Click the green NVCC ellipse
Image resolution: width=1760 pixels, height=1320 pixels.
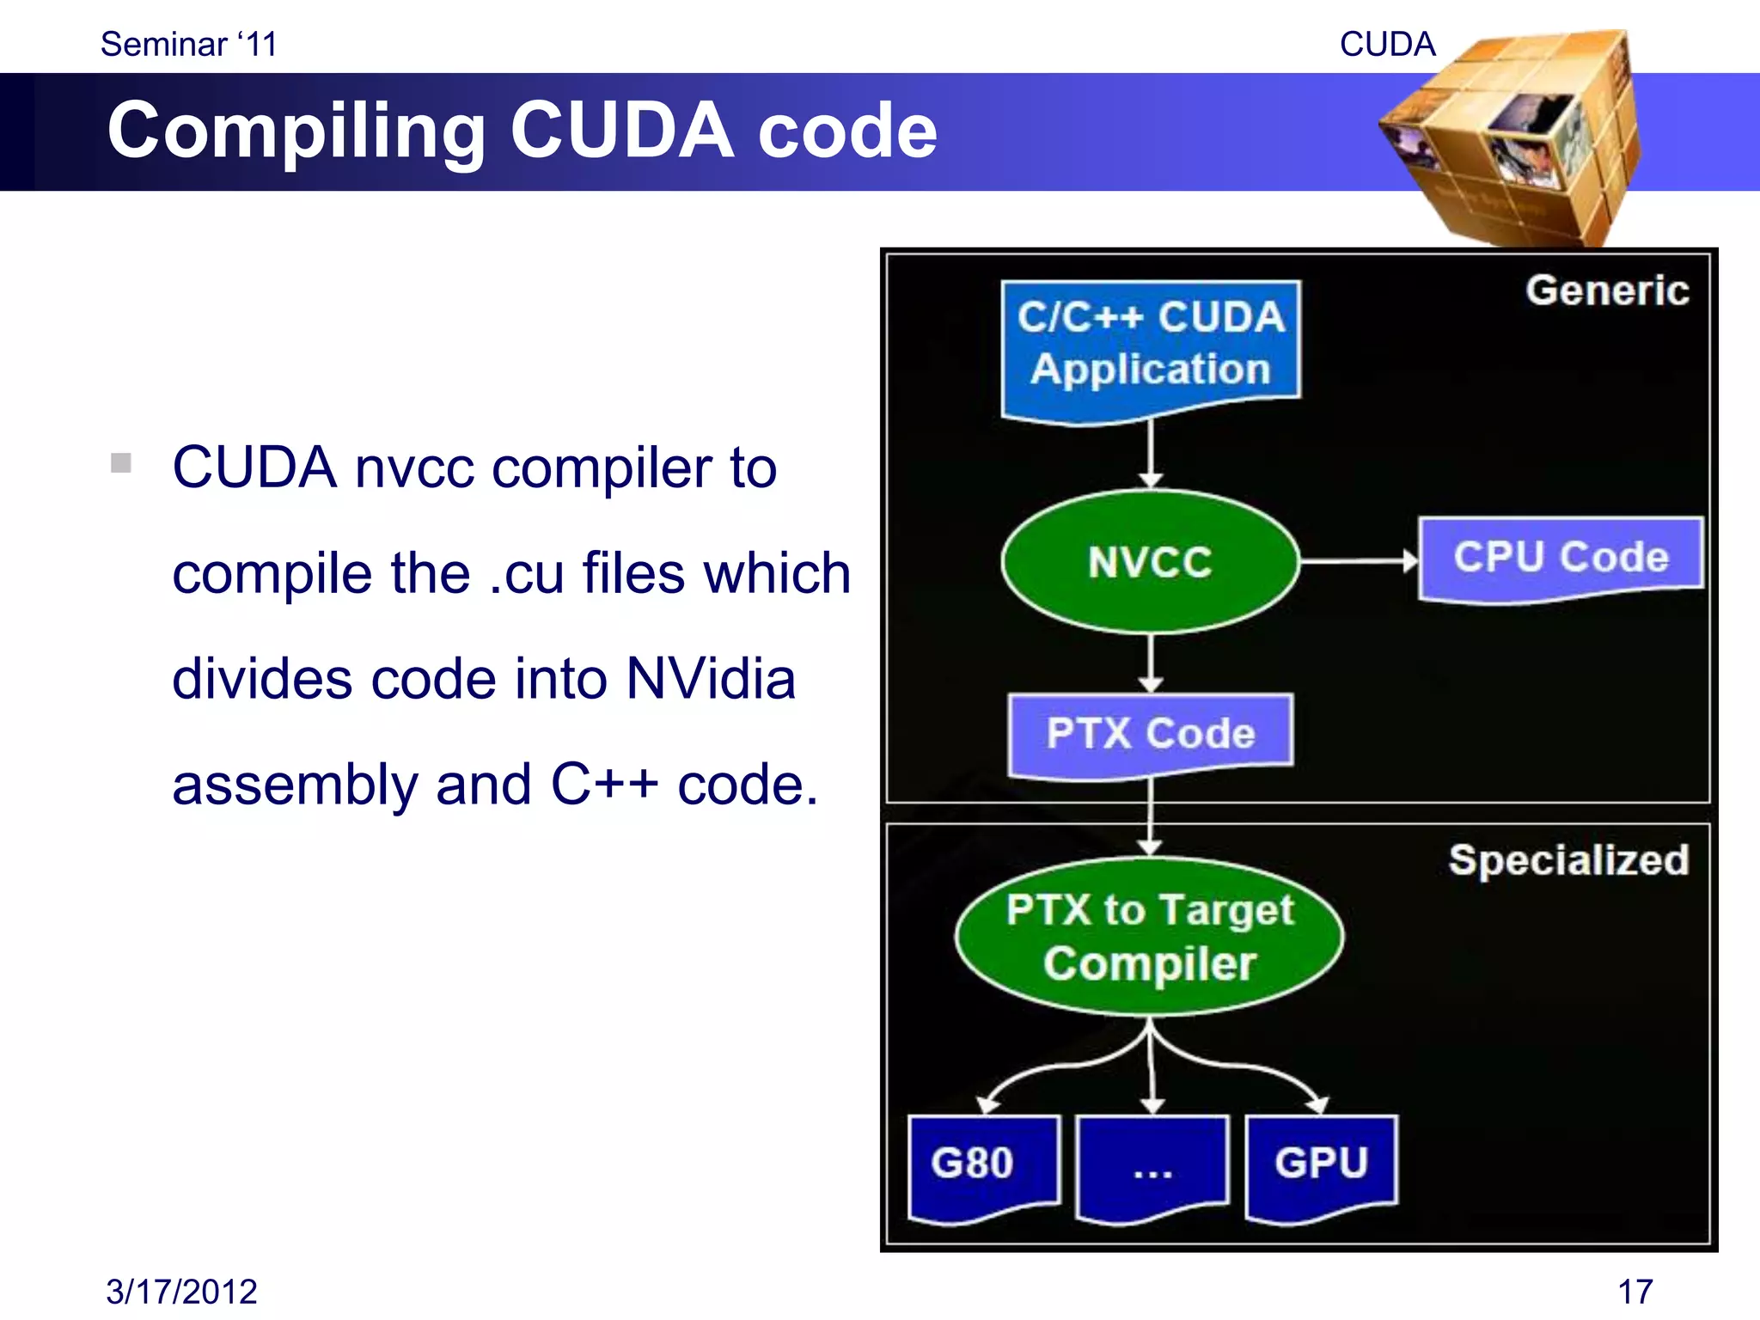1150,562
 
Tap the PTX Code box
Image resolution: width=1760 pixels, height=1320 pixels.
1150,733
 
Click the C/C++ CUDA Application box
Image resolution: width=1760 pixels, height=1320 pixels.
1150,344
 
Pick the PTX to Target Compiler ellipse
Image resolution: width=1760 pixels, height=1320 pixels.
1149,937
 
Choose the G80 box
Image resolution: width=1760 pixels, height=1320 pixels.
982,1164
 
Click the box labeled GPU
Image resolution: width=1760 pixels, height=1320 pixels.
1321,1164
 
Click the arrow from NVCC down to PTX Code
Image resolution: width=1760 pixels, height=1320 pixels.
1151,662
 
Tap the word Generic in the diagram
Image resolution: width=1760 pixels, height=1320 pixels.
1606,290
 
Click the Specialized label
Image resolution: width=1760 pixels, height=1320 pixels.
1568,860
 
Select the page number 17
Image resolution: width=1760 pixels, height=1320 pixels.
1635,1292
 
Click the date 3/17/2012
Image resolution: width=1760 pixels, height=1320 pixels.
181,1292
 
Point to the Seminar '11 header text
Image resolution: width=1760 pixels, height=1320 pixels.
189,44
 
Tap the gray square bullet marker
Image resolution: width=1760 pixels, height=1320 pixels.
121,463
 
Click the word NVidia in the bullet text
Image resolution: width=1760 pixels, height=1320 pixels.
711,679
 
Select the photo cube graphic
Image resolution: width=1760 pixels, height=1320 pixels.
1512,137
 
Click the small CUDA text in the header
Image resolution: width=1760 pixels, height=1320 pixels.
1387,44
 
